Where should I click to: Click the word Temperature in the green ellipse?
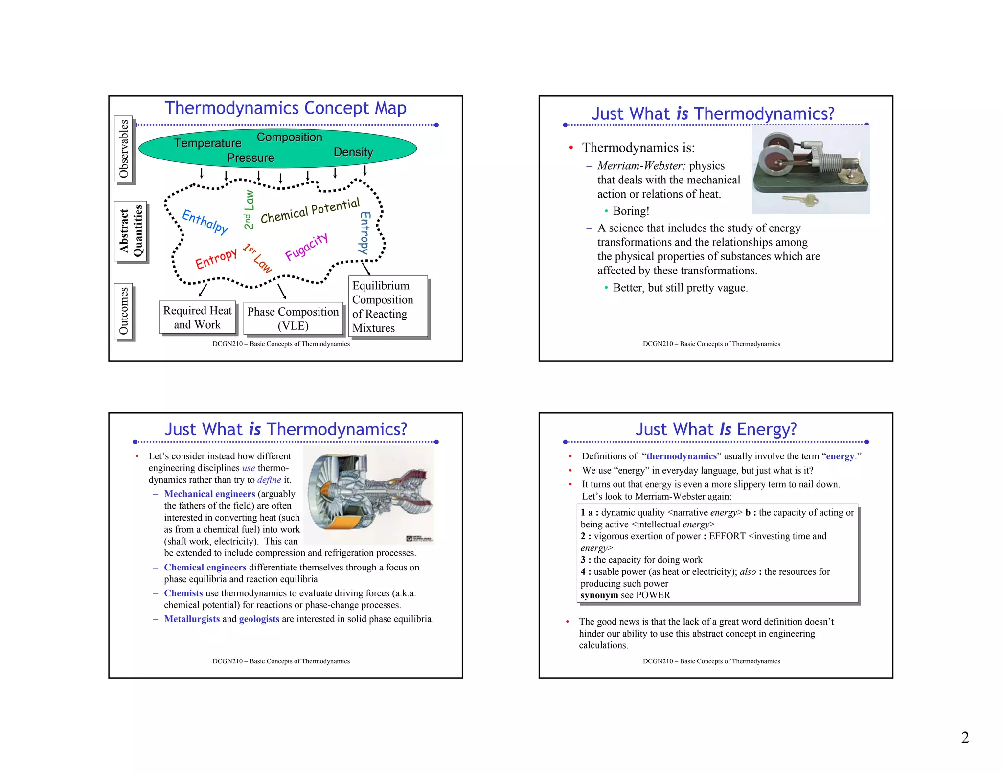point(207,143)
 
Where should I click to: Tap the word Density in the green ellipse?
point(353,152)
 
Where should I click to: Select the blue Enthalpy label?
point(205,222)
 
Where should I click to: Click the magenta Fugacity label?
point(306,247)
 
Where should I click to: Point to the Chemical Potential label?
point(310,211)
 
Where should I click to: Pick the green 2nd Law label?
point(249,209)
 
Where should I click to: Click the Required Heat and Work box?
point(197,318)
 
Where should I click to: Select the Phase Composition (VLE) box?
point(293,319)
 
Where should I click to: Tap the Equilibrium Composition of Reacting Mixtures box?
point(387,307)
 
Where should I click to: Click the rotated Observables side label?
point(124,149)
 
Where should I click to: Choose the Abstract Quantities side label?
point(131,231)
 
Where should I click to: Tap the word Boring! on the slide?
point(631,211)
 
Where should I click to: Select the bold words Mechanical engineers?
point(209,494)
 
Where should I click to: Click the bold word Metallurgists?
point(192,619)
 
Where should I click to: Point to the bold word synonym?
point(599,595)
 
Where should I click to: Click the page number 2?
point(965,737)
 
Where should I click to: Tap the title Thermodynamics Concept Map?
point(285,108)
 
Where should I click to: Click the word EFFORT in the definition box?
point(727,536)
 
